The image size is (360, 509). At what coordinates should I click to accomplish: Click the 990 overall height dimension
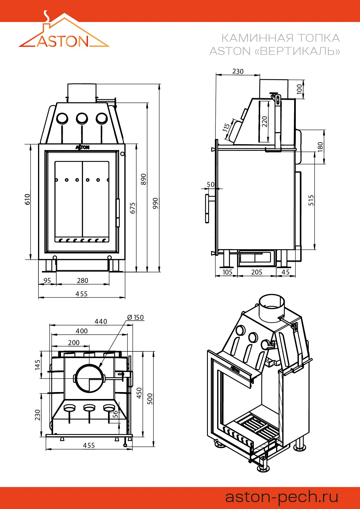156,203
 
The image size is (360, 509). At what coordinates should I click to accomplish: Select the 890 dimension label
143,179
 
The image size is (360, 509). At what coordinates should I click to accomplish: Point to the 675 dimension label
133,208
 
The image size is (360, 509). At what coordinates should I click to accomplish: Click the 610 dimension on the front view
27,199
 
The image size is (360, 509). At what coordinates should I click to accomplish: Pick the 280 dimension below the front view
82,281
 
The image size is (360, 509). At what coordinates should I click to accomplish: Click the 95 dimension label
47,281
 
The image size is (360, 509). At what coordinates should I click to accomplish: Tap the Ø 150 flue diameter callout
136,317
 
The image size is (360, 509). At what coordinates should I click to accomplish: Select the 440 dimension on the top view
101,322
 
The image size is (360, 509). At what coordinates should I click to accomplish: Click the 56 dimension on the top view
115,414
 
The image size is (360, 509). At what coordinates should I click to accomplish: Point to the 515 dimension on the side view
311,200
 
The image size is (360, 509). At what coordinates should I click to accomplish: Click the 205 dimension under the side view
257,272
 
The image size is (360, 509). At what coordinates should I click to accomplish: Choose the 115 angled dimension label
226,127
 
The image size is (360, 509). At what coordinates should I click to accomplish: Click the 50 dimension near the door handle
210,185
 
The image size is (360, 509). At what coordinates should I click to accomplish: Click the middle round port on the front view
82,118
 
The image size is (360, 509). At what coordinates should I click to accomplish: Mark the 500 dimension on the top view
150,399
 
